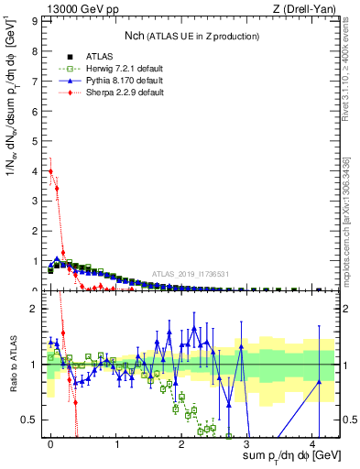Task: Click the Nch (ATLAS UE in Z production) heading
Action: coord(191,36)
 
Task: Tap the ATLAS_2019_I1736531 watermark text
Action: coord(191,274)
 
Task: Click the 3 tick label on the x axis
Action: coord(246,444)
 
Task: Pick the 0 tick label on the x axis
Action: coord(51,444)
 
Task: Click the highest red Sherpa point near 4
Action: coord(51,171)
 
